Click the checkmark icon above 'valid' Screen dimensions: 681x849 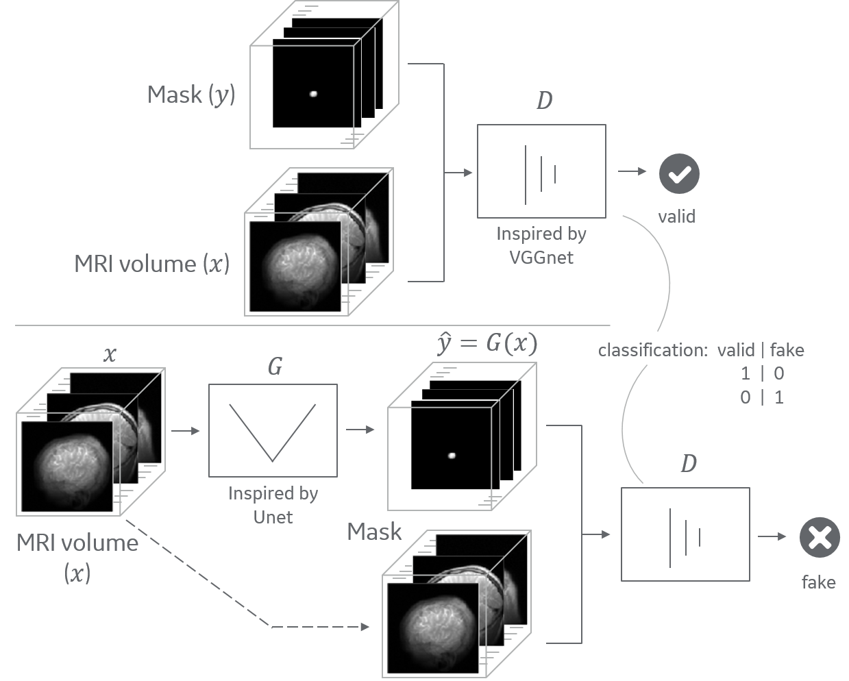coord(679,174)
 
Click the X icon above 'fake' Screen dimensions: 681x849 coord(820,537)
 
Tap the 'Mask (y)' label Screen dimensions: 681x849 coord(191,95)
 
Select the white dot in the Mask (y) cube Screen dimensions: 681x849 coord(314,94)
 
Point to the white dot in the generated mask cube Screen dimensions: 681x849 coord(452,455)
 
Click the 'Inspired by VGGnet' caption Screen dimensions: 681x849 coord(541,245)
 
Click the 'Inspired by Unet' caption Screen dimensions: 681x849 coord(273,505)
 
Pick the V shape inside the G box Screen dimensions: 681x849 coord(273,432)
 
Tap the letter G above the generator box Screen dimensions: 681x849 coord(275,367)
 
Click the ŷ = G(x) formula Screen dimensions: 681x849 coord(487,342)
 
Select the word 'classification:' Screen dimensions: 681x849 coord(652,351)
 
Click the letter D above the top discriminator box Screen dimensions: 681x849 coord(544,101)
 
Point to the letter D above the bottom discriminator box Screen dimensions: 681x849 coord(688,465)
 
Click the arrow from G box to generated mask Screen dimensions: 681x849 coord(361,430)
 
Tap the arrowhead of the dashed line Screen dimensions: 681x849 coord(365,627)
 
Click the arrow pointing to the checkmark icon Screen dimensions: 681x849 coord(632,171)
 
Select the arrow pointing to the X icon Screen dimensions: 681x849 coord(773,536)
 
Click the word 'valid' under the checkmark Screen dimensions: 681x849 coord(676,217)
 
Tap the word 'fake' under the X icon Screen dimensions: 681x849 coord(818,582)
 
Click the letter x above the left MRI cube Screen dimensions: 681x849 coord(110,355)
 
